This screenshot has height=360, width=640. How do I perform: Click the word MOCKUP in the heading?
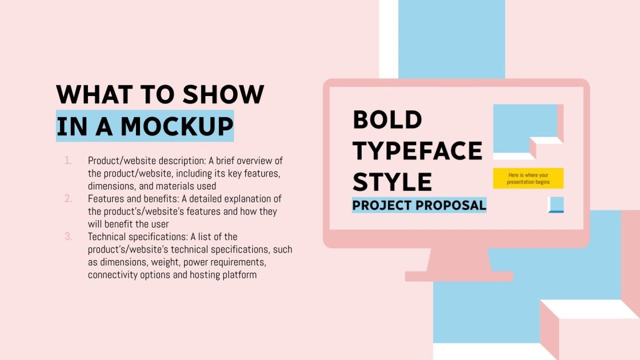[x=177, y=126]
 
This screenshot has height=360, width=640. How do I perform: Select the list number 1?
[x=68, y=161]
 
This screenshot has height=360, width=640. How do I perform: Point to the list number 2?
[x=68, y=199]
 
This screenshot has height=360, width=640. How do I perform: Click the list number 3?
[x=68, y=237]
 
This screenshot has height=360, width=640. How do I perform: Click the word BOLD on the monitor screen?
[x=387, y=120]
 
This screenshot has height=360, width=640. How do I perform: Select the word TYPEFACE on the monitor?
[x=417, y=151]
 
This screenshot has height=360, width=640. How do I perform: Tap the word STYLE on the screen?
[x=392, y=182]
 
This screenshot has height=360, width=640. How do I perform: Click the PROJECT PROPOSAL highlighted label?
[x=419, y=205]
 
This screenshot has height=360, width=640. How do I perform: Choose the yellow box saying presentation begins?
[x=528, y=178]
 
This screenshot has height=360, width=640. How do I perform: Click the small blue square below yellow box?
[x=556, y=205]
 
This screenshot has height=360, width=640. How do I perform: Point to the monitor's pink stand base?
[x=459, y=276]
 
